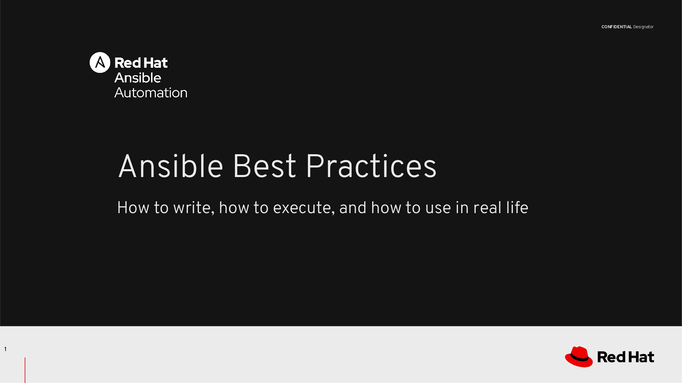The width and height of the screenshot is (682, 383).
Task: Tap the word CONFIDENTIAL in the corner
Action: (x=617, y=27)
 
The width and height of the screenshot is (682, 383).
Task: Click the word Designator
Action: (x=643, y=27)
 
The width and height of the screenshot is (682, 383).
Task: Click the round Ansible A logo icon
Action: (x=100, y=62)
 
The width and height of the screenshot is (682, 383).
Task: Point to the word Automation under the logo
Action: (x=151, y=93)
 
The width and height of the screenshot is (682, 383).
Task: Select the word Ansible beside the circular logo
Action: (x=138, y=78)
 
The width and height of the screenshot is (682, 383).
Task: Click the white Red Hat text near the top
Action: (x=141, y=63)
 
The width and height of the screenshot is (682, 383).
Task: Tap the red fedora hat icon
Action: (x=579, y=357)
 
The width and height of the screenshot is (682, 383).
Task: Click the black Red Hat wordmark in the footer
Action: (x=625, y=357)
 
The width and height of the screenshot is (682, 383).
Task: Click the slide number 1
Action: (x=5, y=349)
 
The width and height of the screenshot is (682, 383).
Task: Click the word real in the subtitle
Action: (x=487, y=208)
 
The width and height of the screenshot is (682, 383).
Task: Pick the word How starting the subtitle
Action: (x=133, y=208)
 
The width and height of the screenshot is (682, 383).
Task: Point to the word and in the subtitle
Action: (x=353, y=208)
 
